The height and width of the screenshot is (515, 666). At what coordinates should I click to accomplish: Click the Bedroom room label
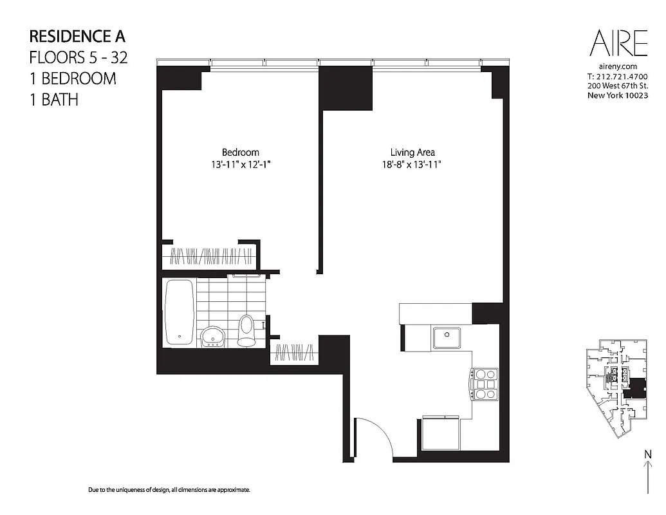240,153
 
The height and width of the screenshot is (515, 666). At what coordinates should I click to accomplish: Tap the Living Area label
412,153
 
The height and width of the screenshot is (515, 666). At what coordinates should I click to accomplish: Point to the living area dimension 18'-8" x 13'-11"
412,165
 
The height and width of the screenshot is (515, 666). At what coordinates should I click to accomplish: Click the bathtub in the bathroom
179,312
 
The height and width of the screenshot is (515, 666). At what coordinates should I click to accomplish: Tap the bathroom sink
212,336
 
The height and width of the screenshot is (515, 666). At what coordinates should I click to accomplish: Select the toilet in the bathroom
246,330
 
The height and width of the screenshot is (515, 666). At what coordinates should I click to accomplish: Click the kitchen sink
445,337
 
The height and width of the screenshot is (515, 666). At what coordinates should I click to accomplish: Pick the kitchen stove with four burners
485,384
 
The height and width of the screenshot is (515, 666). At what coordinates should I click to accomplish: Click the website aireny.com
618,67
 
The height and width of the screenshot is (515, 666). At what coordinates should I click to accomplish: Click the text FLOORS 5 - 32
79,58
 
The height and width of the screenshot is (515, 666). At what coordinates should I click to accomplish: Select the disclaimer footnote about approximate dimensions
169,491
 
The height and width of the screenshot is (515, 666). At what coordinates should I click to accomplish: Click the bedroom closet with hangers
209,257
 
